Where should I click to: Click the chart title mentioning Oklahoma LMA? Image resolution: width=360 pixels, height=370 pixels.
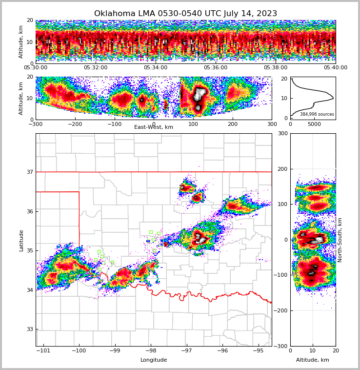click(x=185, y=14)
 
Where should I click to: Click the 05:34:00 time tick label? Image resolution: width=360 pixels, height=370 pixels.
click(x=156, y=68)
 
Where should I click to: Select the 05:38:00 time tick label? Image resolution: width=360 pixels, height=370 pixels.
click(x=276, y=68)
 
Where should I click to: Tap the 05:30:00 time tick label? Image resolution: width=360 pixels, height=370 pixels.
click(x=36, y=68)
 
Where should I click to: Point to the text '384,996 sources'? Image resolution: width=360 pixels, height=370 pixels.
click(x=317, y=114)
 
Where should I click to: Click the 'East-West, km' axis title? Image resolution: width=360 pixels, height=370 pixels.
click(x=154, y=127)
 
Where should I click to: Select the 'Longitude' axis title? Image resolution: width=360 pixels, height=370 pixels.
click(x=154, y=360)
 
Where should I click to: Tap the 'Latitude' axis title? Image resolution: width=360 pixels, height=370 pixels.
click(x=21, y=240)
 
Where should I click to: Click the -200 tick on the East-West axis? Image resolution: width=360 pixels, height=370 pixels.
click(x=75, y=124)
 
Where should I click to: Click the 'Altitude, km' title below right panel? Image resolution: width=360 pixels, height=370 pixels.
click(x=313, y=360)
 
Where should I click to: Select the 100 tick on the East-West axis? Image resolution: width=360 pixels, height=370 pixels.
click(x=193, y=124)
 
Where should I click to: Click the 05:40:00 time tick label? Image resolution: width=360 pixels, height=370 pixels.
click(x=336, y=68)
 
